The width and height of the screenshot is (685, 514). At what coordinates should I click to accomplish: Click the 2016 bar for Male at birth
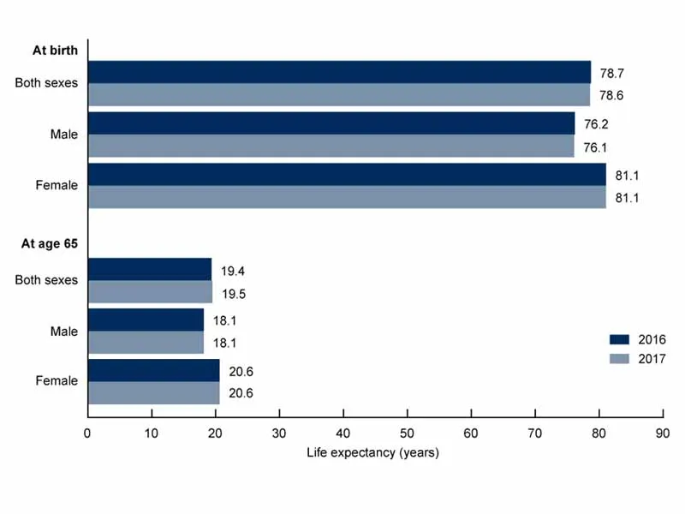click(x=331, y=123)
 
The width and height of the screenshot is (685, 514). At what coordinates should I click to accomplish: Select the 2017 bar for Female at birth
click(x=346, y=197)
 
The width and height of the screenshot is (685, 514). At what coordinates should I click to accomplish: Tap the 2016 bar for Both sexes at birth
click(x=339, y=72)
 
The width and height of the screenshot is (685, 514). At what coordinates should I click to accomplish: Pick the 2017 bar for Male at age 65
click(x=146, y=343)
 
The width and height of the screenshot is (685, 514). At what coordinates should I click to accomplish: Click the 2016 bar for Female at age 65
click(x=153, y=370)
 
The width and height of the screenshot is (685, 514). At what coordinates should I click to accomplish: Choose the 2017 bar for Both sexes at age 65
click(x=150, y=292)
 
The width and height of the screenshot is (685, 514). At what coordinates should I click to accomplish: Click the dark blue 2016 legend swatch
click(x=621, y=339)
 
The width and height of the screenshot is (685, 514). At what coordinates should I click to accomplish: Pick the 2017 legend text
click(x=652, y=359)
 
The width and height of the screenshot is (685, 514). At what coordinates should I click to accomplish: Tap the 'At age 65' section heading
click(x=50, y=244)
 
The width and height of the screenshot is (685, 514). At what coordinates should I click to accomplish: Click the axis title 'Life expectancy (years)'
click(x=372, y=452)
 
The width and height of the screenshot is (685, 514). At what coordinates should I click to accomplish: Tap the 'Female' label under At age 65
click(x=57, y=381)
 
